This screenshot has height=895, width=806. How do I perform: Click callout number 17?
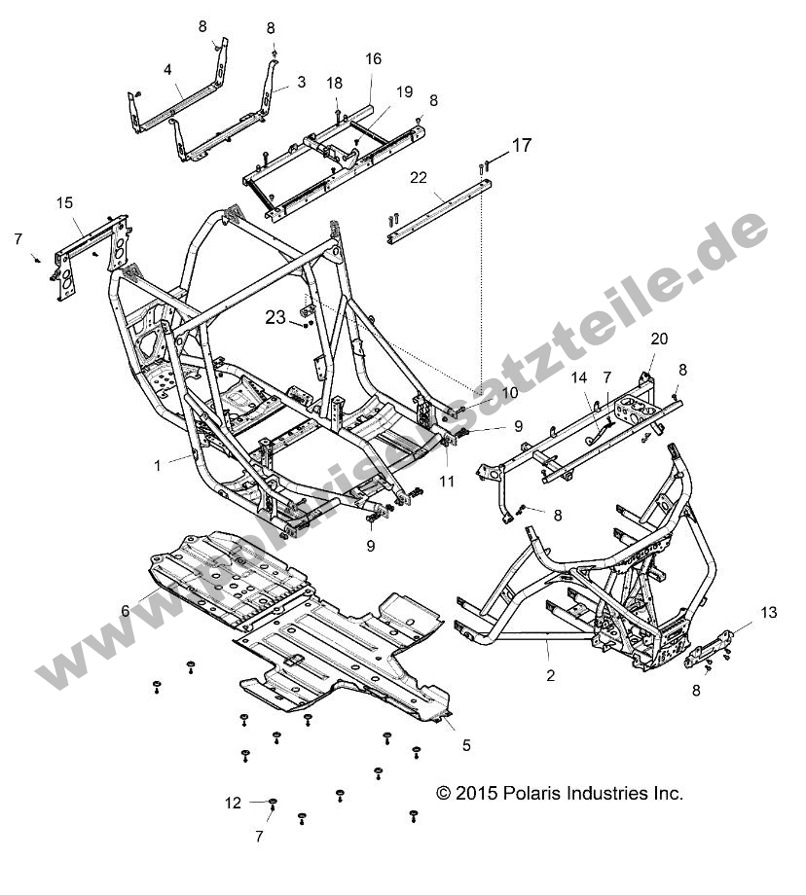click(x=522, y=146)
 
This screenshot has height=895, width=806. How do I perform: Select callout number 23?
click(x=276, y=316)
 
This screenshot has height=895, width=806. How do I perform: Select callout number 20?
click(x=659, y=339)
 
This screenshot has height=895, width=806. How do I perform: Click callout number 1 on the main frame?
click(x=157, y=466)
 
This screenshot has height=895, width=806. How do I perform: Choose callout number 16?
click(x=374, y=59)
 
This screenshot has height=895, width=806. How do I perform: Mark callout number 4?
click(x=167, y=70)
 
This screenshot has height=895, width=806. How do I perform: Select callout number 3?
click(x=301, y=83)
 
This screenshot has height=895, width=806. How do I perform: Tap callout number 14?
click(x=579, y=376)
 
